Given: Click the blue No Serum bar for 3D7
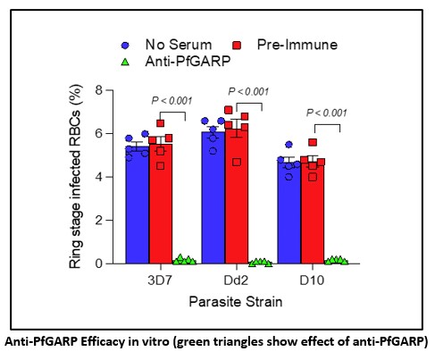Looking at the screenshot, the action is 137,205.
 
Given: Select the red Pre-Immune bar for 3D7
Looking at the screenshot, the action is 161,204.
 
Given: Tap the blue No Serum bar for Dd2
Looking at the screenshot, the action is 213,197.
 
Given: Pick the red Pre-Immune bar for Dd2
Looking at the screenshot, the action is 237,197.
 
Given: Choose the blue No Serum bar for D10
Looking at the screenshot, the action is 289,213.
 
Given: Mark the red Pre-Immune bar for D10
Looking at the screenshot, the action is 313,212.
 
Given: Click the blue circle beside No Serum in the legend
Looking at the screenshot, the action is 125,46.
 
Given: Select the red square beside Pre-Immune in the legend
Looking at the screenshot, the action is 237,46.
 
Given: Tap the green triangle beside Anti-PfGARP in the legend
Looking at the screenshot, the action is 125,62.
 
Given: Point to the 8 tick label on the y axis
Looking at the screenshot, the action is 99,89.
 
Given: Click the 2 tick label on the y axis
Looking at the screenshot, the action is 99,220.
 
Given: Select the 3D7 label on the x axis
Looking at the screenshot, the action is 160,280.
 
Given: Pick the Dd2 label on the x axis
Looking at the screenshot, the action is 236,280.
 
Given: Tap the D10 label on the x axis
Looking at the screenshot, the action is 312,280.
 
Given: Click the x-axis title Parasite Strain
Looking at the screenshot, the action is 236,302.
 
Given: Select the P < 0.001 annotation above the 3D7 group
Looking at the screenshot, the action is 171,101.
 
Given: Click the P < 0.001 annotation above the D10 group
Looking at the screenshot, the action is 327,113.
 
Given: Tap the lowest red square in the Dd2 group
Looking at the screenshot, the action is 237,163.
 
